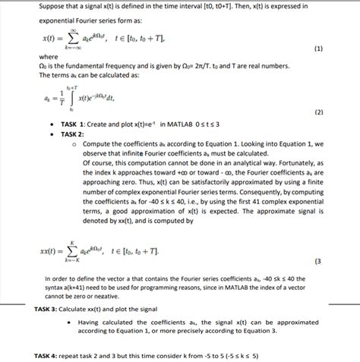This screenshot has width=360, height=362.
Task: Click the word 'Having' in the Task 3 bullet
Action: point(91,323)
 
